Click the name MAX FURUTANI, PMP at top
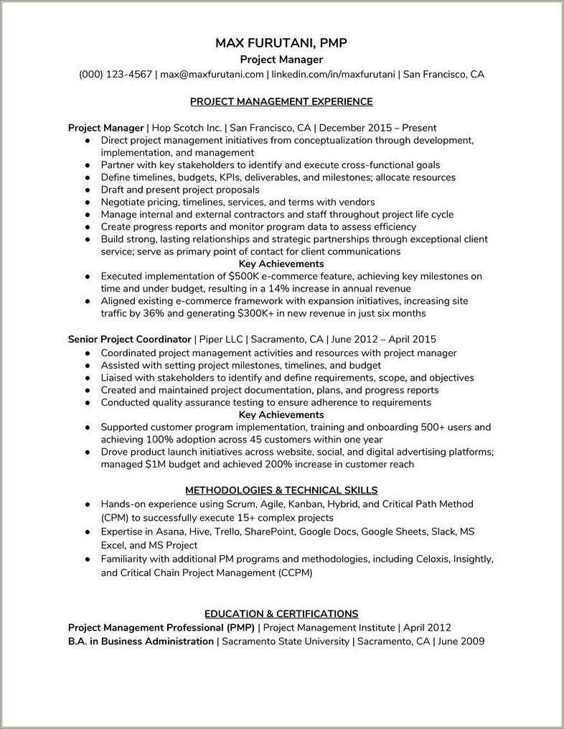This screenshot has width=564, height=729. [x=281, y=44]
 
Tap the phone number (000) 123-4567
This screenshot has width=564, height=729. [x=116, y=74]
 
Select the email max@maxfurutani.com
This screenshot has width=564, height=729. [x=212, y=74]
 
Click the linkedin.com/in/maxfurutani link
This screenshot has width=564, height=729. [x=332, y=74]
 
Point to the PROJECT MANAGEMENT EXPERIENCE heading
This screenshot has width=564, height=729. [x=281, y=101]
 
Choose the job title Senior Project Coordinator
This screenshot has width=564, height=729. [x=129, y=338]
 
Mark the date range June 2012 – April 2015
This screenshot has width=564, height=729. [x=384, y=338]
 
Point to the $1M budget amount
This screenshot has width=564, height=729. [x=158, y=464]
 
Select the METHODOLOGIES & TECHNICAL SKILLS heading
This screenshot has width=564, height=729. [x=281, y=490]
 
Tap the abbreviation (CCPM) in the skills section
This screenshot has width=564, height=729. [x=296, y=573]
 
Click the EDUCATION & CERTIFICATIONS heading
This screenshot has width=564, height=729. [x=281, y=613]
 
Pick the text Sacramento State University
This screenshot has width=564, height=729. [x=286, y=641]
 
